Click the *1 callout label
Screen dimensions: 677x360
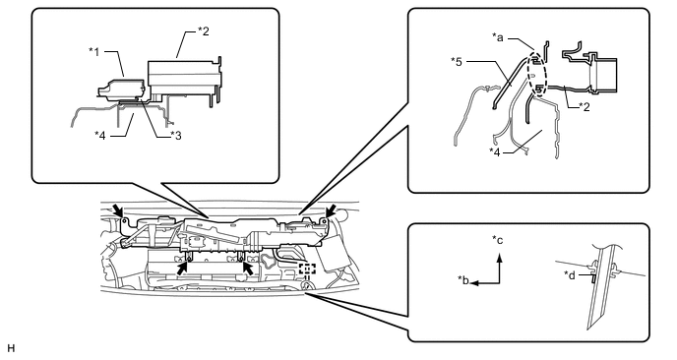click(94, 52)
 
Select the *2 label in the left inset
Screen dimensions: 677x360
click(204, 31)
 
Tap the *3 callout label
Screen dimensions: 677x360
click(176, 136)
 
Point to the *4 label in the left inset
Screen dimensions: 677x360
click(100, 136)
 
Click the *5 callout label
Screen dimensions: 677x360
click(457, 62)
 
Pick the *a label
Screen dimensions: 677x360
click(497, 37)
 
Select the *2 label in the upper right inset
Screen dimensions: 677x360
click(585, 106)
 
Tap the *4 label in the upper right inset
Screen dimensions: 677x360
click(495, 151)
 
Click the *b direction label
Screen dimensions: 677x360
click(463, 280)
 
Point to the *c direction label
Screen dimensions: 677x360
click(497, 240)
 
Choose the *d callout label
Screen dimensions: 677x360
click(570, 275)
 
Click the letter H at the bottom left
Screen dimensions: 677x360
click(11, 348)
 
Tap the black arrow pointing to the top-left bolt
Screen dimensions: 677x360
click(117, 210)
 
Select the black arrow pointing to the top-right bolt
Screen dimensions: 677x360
click(332, 211)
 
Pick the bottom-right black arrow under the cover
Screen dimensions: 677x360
click(248, 268)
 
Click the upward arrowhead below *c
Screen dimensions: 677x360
click(500, 258)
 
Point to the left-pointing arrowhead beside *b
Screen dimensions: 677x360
click(475, 283)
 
